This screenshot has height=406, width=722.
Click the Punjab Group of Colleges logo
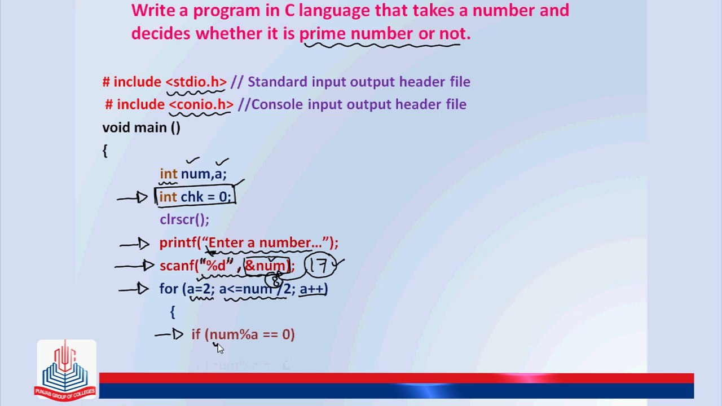coord(66,369)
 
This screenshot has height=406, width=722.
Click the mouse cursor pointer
coord(219,348)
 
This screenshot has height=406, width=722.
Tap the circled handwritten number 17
coord(321,266)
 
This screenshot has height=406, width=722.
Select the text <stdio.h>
coord(196,82)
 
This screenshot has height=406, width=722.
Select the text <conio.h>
coord(201,104)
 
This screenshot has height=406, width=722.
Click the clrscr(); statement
coord(184,219)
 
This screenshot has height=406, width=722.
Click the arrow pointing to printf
coord(135,244)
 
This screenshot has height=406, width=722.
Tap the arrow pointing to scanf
coord(134,266)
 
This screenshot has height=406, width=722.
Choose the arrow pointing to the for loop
coord(134,289)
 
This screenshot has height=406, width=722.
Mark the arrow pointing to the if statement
coord(169,334)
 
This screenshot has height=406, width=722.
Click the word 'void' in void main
coord(115,127)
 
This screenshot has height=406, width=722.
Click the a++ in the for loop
coord(312,289)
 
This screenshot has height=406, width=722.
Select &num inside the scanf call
coord(266,266)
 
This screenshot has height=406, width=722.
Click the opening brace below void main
coord(105,151)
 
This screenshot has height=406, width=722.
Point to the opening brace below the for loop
coord(173,311)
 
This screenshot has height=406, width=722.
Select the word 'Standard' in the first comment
coord(278,82)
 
